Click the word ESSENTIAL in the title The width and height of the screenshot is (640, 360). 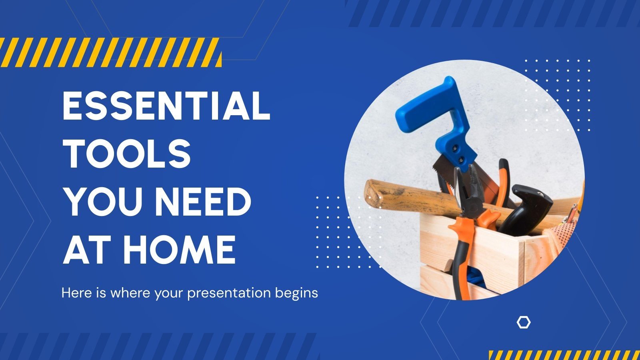pos(166,106)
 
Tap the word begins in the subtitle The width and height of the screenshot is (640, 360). pos(296,293)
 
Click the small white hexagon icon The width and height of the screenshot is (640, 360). pos(523,322)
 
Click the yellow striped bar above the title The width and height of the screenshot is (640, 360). pos(110,52)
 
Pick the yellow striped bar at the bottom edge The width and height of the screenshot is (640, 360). pos(564,355)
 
